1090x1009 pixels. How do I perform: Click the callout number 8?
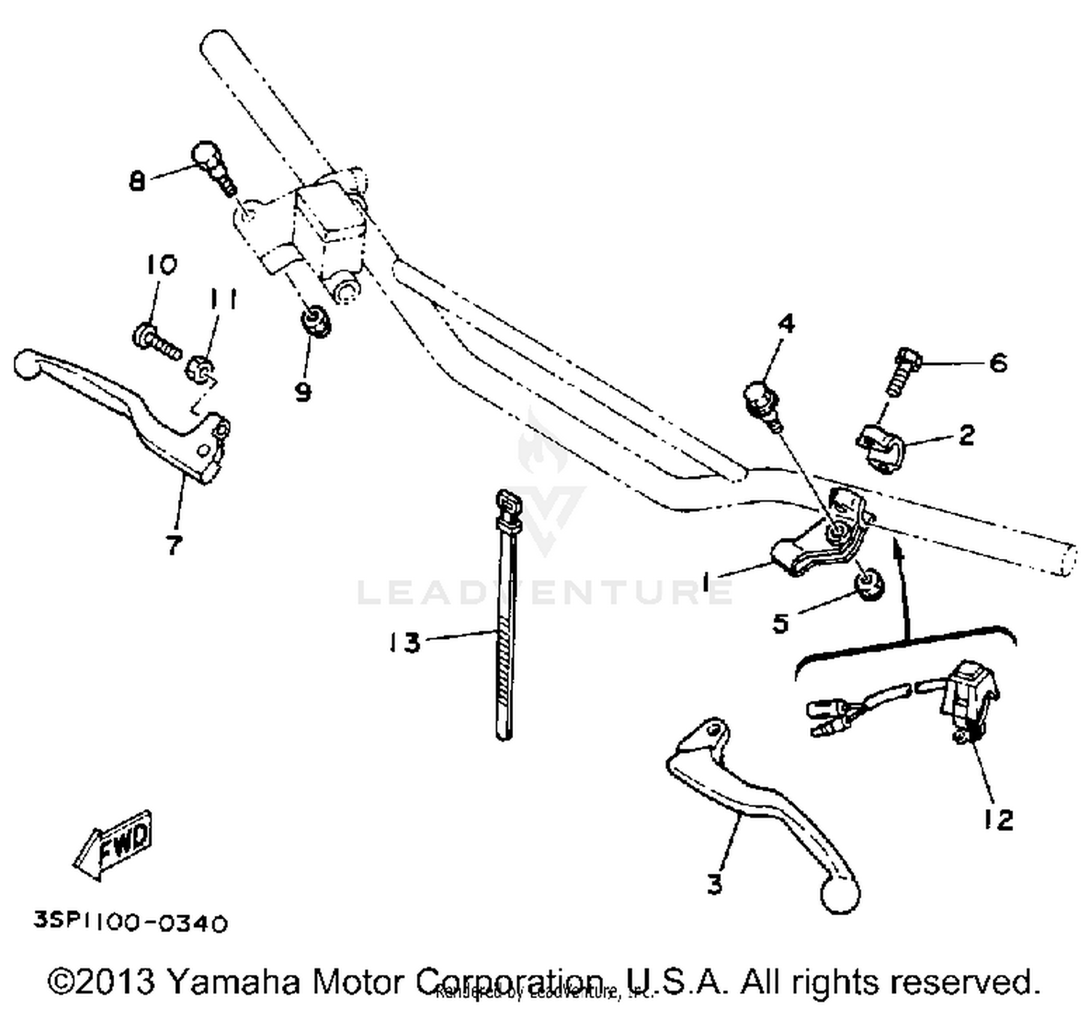click(137, 180)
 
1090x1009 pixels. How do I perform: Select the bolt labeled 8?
click(213, 166)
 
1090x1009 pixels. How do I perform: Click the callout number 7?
click(173, 544)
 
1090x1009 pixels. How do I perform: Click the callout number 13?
click(404, 642)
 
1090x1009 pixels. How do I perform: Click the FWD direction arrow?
click(114, 844)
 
